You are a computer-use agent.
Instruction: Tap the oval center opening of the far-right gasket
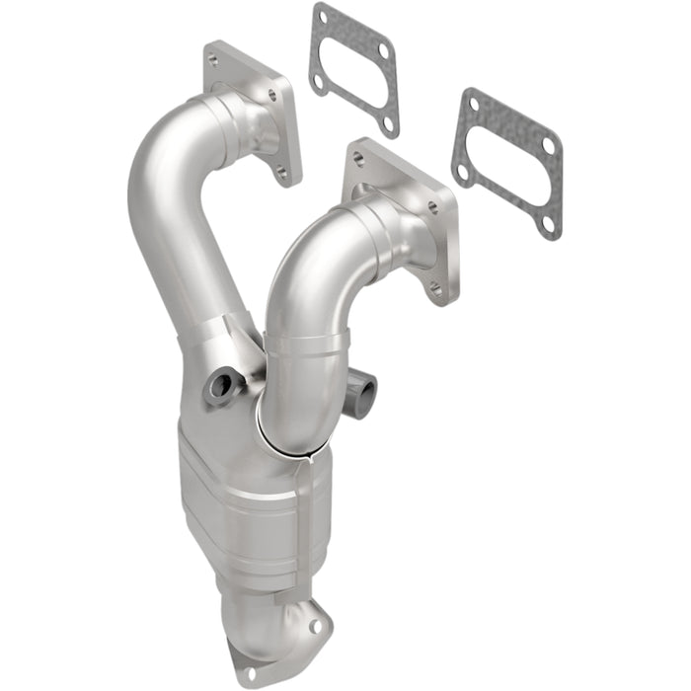(x=506, y=163)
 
